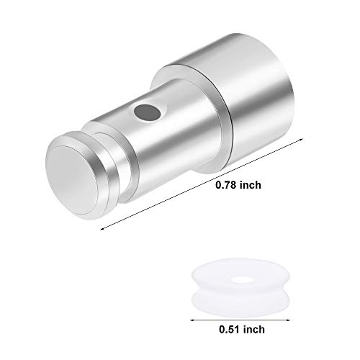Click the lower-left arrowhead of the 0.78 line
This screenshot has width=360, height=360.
click(x=102, y=228)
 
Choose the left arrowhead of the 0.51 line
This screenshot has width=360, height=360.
click(x=193, y=318)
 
